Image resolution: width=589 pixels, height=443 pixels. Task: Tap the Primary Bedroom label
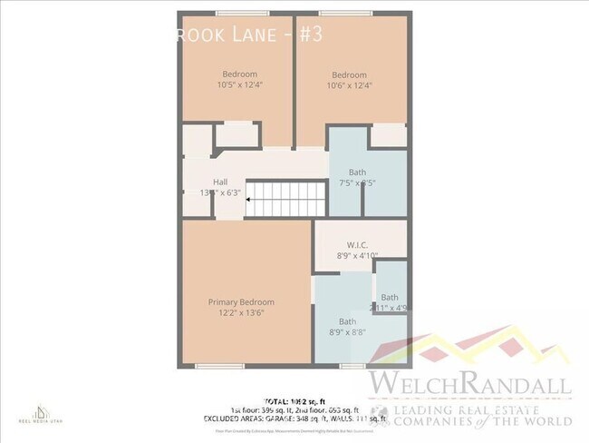coord(241,302)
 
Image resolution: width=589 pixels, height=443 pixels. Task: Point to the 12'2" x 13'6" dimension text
coord(241,313)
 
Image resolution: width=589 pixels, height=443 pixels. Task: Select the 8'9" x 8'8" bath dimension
coord(347,333)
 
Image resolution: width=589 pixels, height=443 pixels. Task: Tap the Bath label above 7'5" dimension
coord(357,172)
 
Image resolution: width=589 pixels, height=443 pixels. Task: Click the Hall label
coord(220,182)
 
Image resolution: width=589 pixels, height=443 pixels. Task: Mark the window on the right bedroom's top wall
coord(345,13)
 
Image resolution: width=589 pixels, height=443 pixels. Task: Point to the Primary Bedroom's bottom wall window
coord(219,366)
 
